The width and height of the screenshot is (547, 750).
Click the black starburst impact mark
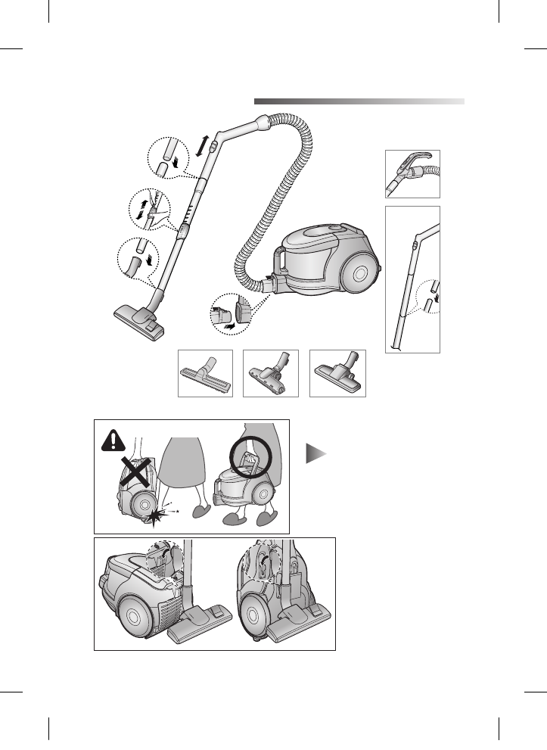point(156,518)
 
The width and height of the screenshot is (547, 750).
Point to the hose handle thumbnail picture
point(412,174)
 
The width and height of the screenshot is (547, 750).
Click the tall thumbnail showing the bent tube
point(412,279)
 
